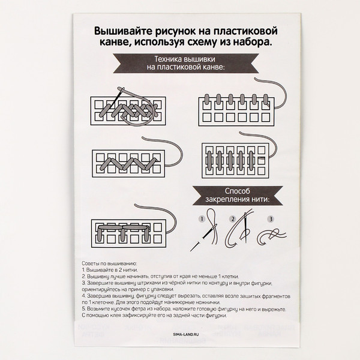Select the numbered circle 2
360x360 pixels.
pos(232,220)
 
